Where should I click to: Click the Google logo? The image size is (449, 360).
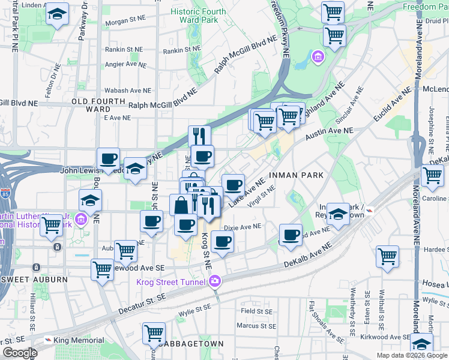[20, 353]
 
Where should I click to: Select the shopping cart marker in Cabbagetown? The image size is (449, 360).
[154, 334]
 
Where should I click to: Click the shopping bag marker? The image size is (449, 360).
[181, 205]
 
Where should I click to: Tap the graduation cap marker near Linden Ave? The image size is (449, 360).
[57, 14]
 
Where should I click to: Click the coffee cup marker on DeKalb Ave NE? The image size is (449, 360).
[291, 235]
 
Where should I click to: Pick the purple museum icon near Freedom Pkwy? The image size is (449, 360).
[318, 58]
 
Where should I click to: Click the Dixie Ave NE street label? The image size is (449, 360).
[243, 227]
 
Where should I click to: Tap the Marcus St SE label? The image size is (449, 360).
[256, 326]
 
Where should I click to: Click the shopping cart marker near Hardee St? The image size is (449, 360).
[387, 257]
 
